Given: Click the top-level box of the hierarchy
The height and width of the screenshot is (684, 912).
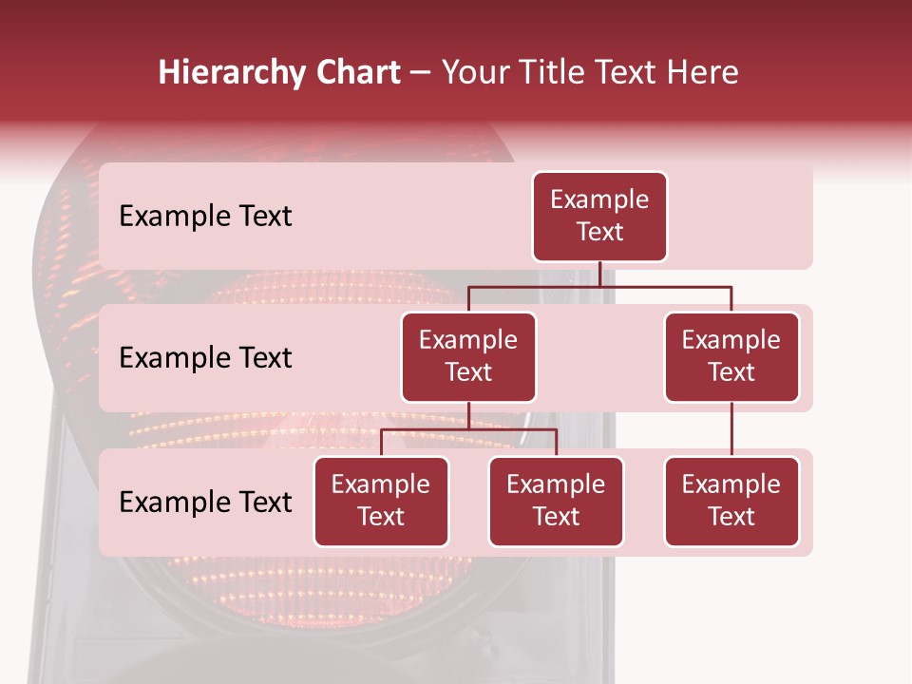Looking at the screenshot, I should [599, 217].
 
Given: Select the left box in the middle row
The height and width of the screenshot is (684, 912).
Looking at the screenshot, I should [468, 357].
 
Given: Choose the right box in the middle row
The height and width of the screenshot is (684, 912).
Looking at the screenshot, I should [731, 357].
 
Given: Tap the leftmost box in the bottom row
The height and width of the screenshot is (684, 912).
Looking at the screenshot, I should [381, 502].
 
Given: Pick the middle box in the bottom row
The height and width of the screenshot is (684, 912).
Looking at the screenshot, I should [556, 502].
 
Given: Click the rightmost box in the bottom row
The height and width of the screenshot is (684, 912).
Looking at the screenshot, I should [731, 502].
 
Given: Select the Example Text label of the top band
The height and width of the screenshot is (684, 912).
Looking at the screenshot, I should [205, 217].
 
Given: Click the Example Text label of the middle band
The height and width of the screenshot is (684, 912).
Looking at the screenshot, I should [205, 358].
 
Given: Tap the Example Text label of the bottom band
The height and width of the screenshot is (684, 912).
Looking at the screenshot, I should [205, 502].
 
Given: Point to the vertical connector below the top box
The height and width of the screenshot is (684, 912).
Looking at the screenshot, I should [600, 274].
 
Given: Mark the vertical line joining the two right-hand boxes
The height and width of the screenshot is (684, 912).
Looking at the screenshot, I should [731, 429].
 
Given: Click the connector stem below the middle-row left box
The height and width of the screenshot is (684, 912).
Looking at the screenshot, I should [469, 416].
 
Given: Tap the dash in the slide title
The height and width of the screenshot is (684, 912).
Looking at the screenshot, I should [421, 73].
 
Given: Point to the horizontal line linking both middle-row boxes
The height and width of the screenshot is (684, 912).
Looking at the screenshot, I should [600, 286].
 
